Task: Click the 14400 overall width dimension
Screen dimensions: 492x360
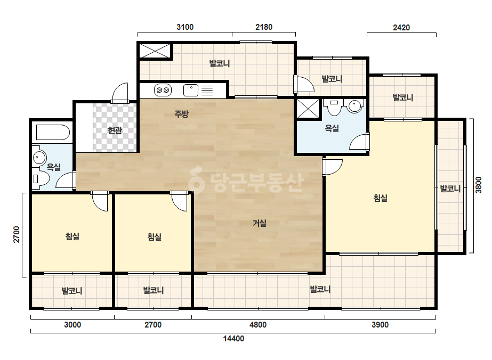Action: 233,339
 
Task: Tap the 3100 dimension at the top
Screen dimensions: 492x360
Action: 185,27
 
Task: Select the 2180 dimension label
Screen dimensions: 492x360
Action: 264,27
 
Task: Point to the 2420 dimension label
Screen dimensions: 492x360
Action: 401,28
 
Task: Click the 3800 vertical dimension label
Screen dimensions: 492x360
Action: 478,185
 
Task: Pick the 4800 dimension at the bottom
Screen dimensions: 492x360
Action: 258,325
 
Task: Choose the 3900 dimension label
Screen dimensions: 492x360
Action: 380,325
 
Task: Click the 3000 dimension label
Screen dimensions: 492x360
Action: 72,325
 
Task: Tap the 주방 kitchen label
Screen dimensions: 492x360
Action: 181,114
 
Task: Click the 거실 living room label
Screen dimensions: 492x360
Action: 260,223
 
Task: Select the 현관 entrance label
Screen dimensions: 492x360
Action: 115,130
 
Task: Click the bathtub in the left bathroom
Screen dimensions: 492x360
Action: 53,133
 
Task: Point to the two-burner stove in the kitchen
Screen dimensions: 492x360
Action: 163,91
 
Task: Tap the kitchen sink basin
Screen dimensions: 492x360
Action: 191,91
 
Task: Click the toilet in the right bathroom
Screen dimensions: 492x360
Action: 334,107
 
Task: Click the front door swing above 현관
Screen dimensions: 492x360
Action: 120,93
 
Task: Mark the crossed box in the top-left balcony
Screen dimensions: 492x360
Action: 155,51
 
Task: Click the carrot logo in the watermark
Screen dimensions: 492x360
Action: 196,179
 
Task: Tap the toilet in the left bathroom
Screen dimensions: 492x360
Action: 41,179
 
